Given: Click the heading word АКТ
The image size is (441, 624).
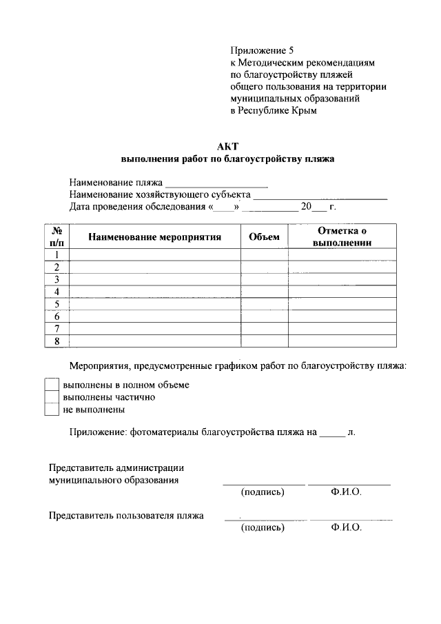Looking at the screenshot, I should click(x=227, y=146).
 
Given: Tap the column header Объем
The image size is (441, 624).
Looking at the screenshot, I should click(x=264, y=237).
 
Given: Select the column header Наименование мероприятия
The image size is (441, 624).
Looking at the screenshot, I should click(x=154, y=237).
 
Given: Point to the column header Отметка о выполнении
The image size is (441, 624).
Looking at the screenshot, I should click(x=342, y=236).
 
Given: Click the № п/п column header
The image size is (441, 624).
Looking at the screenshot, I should click(x=57, y=236).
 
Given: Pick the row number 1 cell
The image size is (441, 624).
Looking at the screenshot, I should click(x=57, y=254).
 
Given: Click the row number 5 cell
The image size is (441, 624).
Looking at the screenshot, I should click(x=57, y=304).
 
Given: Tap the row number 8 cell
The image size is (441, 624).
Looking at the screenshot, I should click(x=57, y=341).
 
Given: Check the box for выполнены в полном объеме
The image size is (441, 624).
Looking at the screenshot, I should click(x=52, y=384).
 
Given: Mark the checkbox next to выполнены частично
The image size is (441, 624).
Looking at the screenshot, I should click(x=52, y=397).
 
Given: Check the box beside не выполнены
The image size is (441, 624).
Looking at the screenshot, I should click(x=52, y=410).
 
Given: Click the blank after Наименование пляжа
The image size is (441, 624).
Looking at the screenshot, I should click(x=216, y=184).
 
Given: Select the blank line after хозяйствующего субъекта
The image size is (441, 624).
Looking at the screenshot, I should click(x=320, y=196).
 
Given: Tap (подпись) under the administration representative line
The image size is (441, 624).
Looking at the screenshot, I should click(x=263, y=492).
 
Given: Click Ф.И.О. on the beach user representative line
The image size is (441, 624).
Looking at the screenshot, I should click(x=346, y=527).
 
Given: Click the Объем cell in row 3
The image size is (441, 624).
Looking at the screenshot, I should click(x=264, y=279).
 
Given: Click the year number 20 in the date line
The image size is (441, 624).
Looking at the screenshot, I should click(x=307, y=206).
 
